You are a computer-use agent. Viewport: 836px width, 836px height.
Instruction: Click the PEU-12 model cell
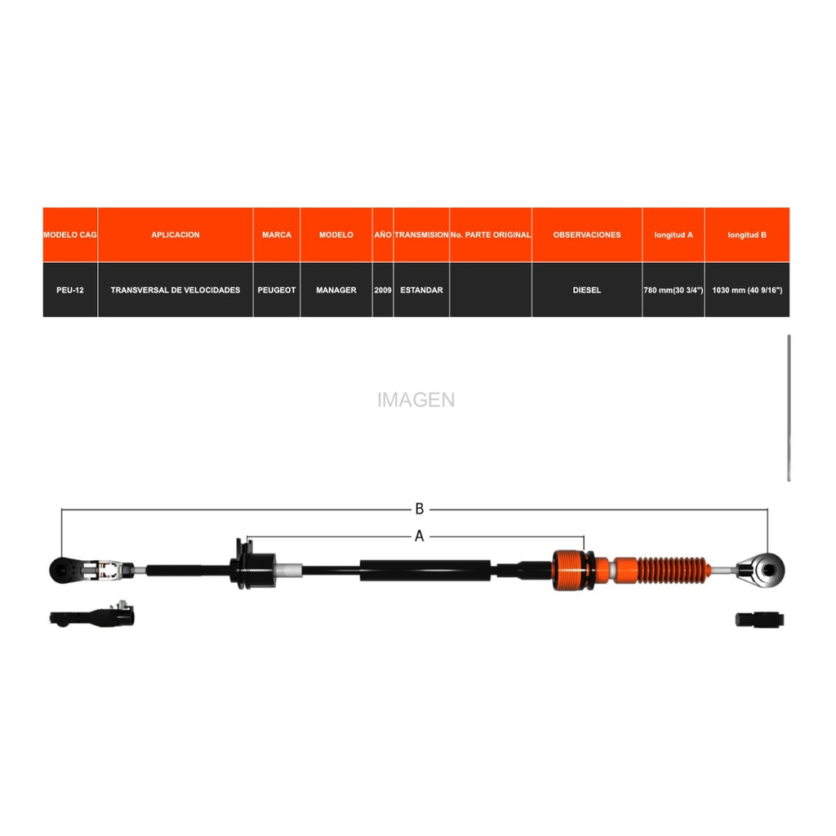pyautogui.click(x=70, y=290)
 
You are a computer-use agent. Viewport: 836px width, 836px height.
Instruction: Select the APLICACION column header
pyautogui.click(x=176, y=234)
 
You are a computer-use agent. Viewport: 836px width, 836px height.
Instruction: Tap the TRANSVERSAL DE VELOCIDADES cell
pyautogui.click(x=176, y=290)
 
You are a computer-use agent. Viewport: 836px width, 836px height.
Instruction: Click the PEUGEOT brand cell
pyautogui.click(x=277, y=290)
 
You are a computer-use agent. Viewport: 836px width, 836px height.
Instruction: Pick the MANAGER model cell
pyautogui.click(x=336, y=290)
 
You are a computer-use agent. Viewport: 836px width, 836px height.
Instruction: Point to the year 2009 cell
pyautogui.click(x=383, y=290)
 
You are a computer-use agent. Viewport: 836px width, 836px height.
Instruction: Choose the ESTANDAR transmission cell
pyautogui.click(x=422, y=290)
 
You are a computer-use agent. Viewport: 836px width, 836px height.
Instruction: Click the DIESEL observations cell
pyautogui.click(x=587, y=290)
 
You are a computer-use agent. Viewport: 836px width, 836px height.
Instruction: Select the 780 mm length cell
pyautogui.click(x=674, y=290)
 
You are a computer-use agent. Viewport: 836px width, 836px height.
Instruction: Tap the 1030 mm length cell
pyautogui.click(x=748, y=290)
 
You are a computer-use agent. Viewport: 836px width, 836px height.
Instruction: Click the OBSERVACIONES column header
pyautogui.click(x=587, y=234)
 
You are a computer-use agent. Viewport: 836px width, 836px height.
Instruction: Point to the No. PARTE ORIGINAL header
pyautogui.click(x=491, y=234)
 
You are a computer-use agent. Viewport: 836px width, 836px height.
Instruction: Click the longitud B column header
pyautogui.click(x=748, y=234)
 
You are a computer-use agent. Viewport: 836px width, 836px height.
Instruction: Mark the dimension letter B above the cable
pyautogui.click(x=420, y=509)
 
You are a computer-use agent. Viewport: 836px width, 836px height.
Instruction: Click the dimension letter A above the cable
pyautogui.click(x=420, y=536)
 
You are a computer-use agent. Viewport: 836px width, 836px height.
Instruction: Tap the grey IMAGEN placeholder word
pyautogui.click(x=416, y=400)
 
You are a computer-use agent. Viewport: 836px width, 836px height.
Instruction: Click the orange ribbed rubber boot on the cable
pyautogui.click(x=673, y=571)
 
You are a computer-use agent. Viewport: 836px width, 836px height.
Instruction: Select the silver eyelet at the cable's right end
pyautogui.click(x=763, y=571)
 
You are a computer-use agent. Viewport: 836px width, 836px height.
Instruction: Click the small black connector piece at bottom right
pyautogui.click(x=760, y=620)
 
